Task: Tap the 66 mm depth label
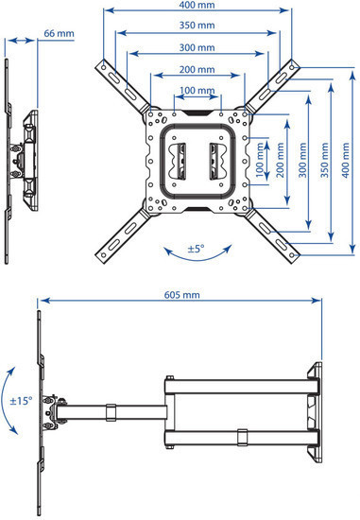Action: tap(59, 34)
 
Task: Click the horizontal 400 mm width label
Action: tap(197, 7)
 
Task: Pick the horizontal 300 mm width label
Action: tap(197, 48)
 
